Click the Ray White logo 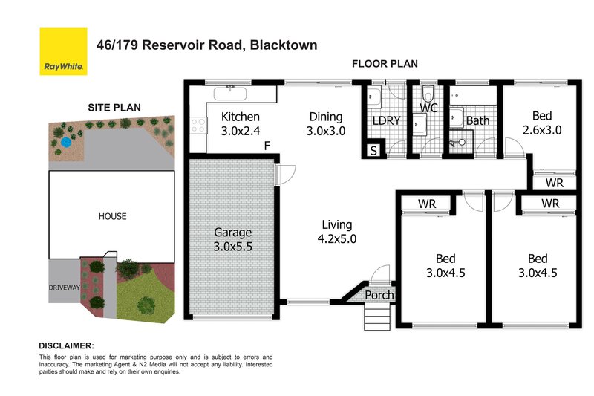click(64, 52)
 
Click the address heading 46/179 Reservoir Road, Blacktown click(207, 45)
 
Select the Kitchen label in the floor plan click(241, 123)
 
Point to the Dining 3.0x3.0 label click(325, 123)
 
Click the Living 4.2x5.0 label click(336, 232)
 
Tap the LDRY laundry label click(386, 120)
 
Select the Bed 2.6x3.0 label click(541, 122)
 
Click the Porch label click(379, 295)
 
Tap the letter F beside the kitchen click(266, 146)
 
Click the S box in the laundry click(373, 152)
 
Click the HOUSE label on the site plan click(112, 217)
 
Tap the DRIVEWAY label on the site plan click(63, 286)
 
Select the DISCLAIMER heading click(66, 346)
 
